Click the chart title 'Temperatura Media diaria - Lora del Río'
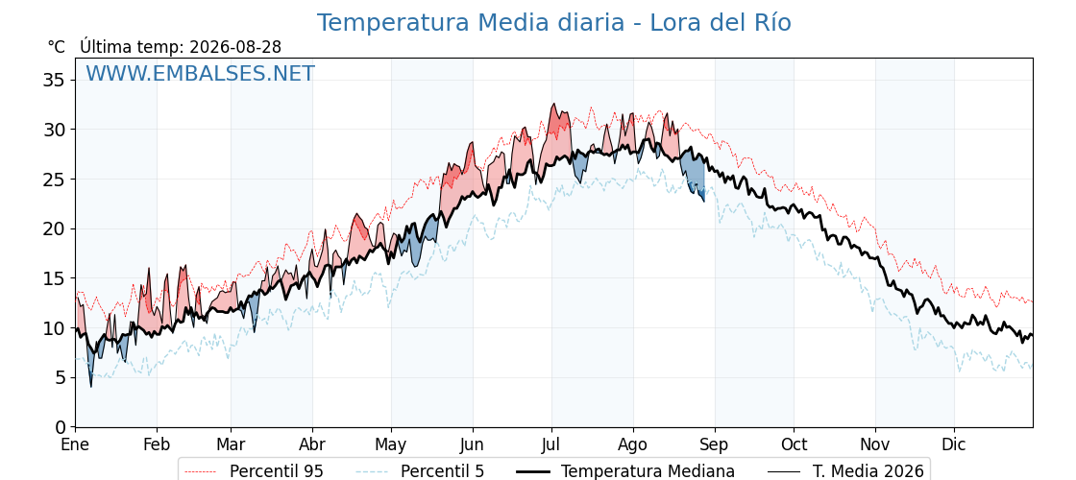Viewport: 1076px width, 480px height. (x=553, y=23)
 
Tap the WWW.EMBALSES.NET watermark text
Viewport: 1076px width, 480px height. (x=201, y=73)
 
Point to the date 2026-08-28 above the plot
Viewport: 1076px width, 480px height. (x=235, y=47)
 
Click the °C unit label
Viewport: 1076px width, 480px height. (x=57, y=47)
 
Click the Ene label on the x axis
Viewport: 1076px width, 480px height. (x=76, y=444)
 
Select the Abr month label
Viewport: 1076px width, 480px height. (x=312, y=444)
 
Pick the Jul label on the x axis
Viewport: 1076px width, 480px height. (x=551, y=444)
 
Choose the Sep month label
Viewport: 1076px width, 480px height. (x=715, y=444)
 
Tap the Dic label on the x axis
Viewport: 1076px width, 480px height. (x=954, y=444)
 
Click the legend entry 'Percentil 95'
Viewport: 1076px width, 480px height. (x=275, y=471)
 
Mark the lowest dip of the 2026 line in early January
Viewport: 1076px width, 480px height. (x=90, y=387)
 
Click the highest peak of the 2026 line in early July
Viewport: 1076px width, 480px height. (x=553, y=104)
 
